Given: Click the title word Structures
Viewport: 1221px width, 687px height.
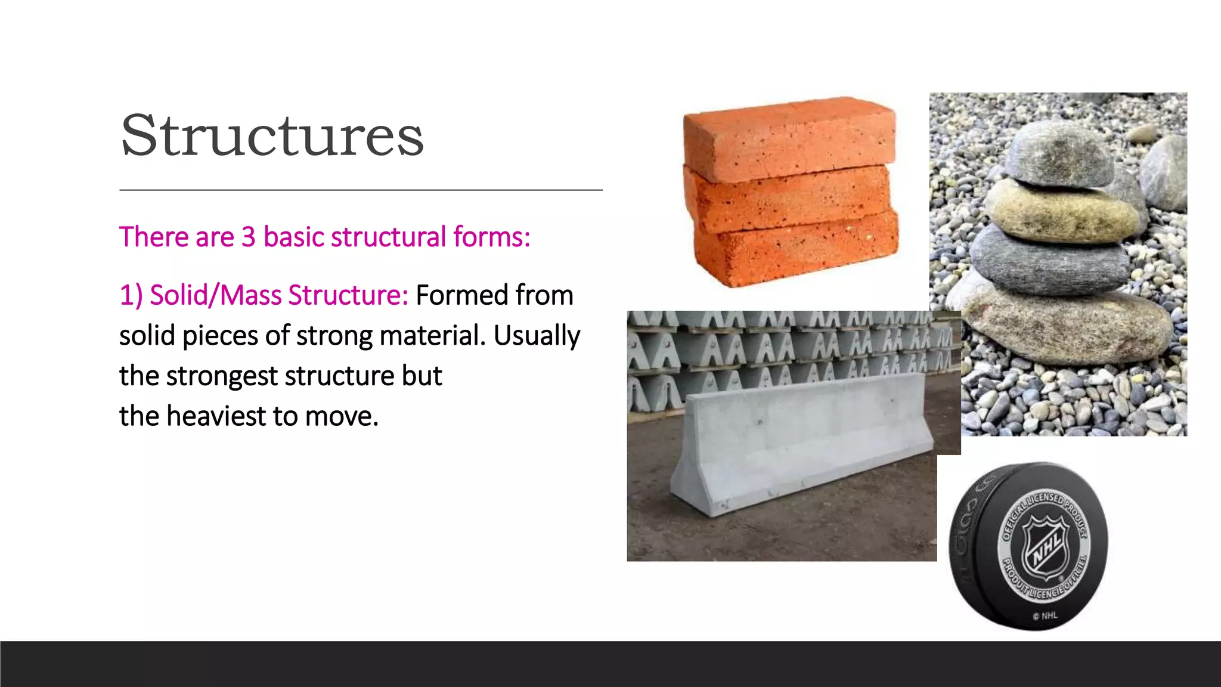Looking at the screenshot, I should pyautogui.click(x=272, y=136).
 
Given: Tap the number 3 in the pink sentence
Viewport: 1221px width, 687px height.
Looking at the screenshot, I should pyautogui.click(x=248, y=237).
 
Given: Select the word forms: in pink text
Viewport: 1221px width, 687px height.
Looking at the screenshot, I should pyautogui.click(x=491, y=237).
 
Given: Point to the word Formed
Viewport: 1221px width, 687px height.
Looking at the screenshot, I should pyautogui.click(x=461, y=295).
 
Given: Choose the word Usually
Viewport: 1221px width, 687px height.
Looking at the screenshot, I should pyautogui.click(x=537, y=336).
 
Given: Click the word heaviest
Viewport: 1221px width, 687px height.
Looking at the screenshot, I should pyautogui.click(x=216, y=416).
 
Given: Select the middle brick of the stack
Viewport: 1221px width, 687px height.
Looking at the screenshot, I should pyautogui.click(x=787, y=200).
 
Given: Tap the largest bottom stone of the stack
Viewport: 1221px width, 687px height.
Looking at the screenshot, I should pyautogui.click(x=1067, y=325).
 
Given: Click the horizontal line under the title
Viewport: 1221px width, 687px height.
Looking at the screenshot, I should pyautogui.click(x=361, y=190).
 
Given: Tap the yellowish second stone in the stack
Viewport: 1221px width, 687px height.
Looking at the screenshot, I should pyautogui.click(x=1061, y=212).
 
